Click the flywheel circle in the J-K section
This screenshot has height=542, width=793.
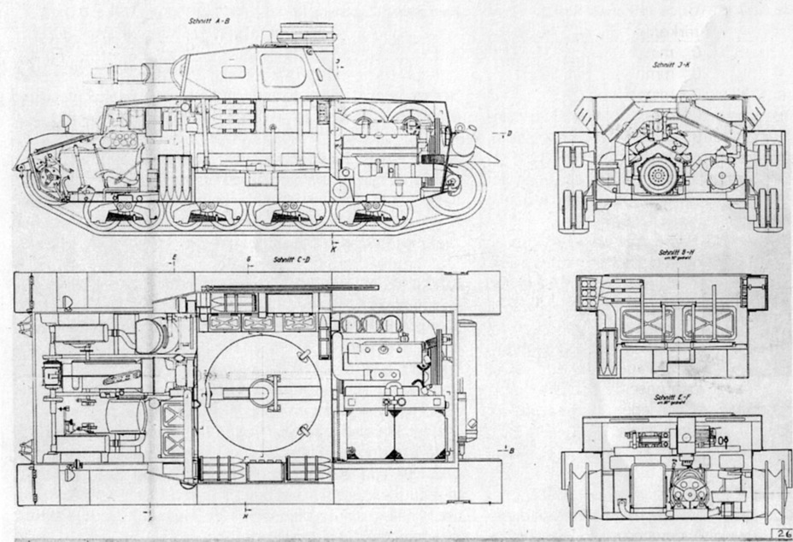click(x=658, y=176)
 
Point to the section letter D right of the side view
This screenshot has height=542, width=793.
click(x=508, y=133)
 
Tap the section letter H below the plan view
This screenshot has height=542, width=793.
click(x=245, y=516)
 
